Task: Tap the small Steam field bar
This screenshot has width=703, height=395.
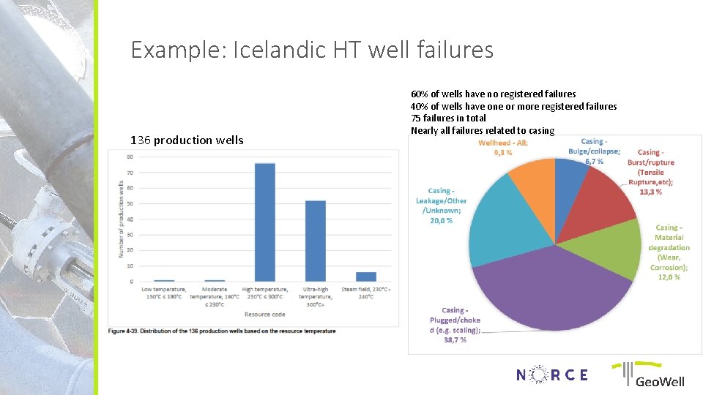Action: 365,276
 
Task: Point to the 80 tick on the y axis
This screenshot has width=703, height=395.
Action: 130,157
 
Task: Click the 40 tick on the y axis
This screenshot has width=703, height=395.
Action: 130,219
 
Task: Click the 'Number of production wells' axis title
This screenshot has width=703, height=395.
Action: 121,219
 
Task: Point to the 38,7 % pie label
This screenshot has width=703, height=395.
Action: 454,340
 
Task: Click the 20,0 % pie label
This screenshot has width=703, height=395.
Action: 442,219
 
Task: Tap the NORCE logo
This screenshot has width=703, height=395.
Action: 551,375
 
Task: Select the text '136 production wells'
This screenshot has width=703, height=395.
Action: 187,140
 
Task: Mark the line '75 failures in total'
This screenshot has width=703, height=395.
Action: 448,118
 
